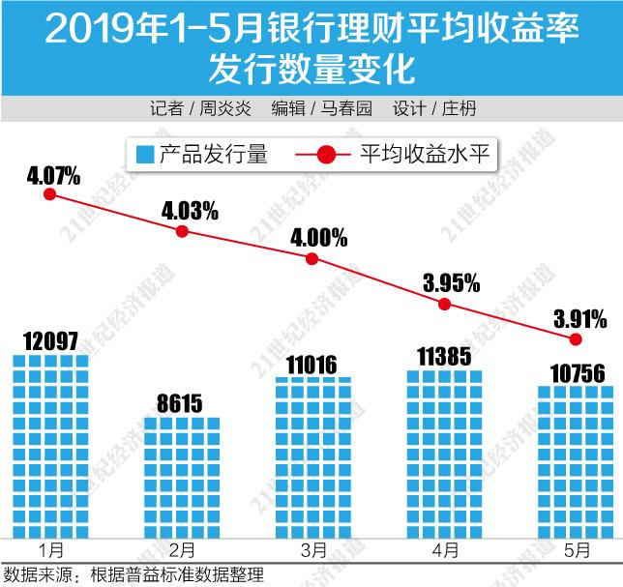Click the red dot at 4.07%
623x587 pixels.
click(x=50, y=193)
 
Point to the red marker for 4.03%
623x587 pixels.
click(x=182, y=230)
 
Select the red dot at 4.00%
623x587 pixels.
click(x=311, y=258)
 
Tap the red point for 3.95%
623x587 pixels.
click(x=444, y=303)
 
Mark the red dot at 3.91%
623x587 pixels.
click(x=576, y=338)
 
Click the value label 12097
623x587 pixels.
click(x=51, y=340)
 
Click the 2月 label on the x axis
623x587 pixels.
click(x=182, y=550)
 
